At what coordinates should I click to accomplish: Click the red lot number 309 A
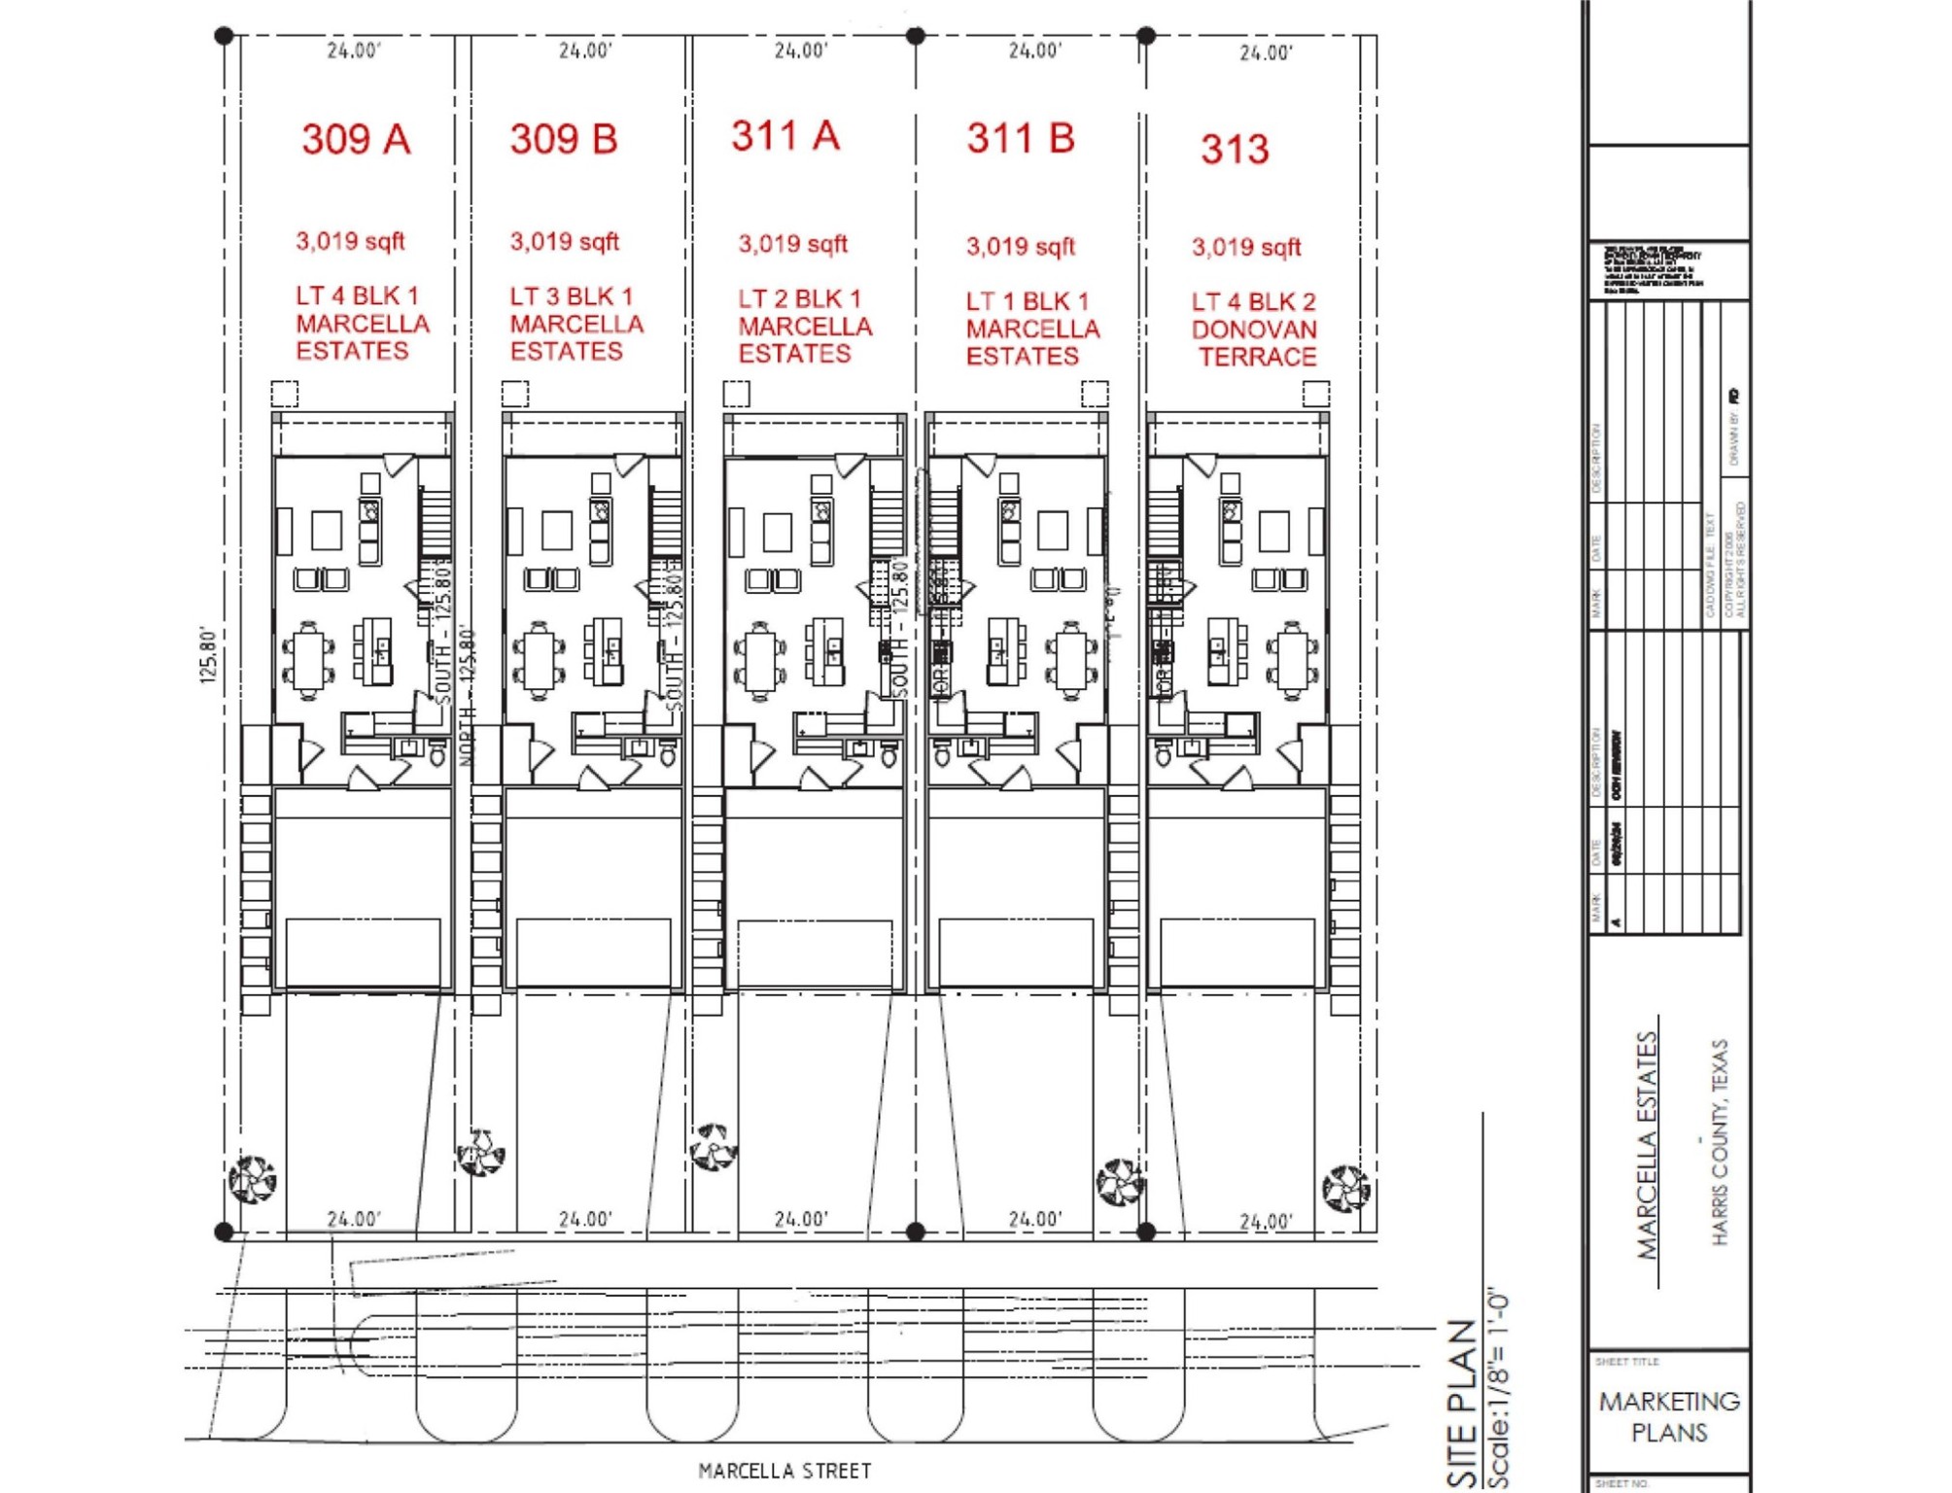coord(356,139)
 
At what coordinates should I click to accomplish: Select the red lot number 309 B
coord(564,139)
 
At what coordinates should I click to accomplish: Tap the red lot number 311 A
coord(785,136)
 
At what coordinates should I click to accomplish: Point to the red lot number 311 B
coord(1021,138)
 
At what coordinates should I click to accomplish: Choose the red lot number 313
coord(1235,149)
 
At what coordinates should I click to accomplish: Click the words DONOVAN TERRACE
coord(1255,343)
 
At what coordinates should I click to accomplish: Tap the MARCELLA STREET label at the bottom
coord(784,1471)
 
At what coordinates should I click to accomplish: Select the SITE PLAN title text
coord(1462,1404)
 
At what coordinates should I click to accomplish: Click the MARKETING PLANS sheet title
coord(1669,1416)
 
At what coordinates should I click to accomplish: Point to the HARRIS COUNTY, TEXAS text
coord(1720,1142)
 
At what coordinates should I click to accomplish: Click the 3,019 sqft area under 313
coord(1246,247)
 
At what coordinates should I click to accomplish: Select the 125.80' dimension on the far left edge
coord(208,655)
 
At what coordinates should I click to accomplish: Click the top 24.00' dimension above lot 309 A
coord(354,51)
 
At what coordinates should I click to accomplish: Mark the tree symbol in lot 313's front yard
coord(1346,1188)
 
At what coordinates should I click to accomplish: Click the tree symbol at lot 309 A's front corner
coord(252,1179)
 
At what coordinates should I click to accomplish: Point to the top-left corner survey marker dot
coord(224,36)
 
